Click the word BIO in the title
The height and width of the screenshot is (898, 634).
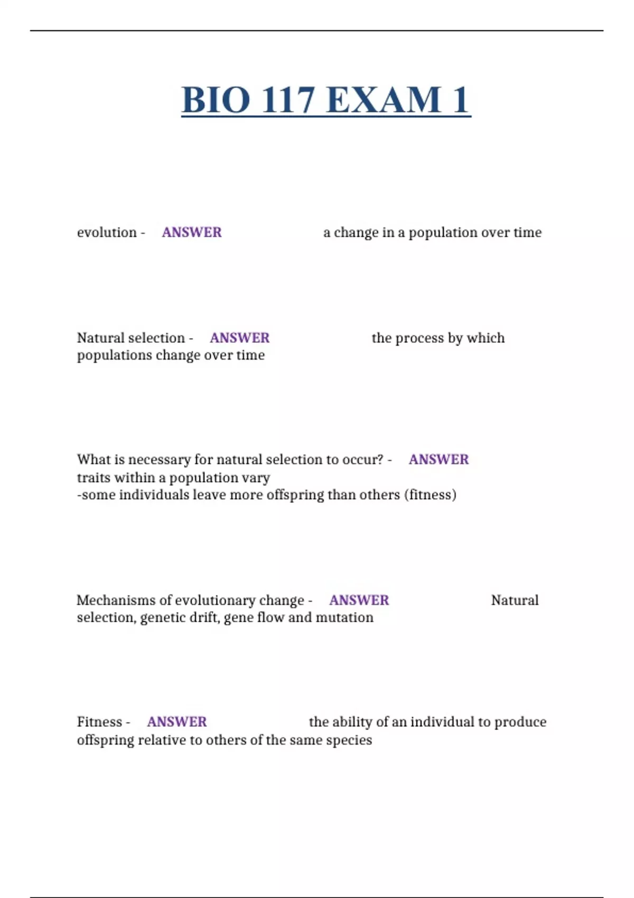216,100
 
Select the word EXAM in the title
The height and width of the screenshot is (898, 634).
384,100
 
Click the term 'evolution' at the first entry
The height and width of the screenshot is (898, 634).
107,232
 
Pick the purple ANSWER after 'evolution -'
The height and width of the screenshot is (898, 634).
192,232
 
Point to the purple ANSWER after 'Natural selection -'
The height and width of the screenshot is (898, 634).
239,338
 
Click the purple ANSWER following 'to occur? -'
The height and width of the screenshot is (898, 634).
439,460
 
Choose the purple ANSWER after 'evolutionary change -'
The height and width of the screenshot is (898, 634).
359,600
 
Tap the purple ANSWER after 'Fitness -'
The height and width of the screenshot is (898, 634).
177,722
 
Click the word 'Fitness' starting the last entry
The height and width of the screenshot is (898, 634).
99,722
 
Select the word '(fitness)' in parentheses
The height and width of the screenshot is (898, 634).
430,495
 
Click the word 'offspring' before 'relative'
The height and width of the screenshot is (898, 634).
105,740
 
